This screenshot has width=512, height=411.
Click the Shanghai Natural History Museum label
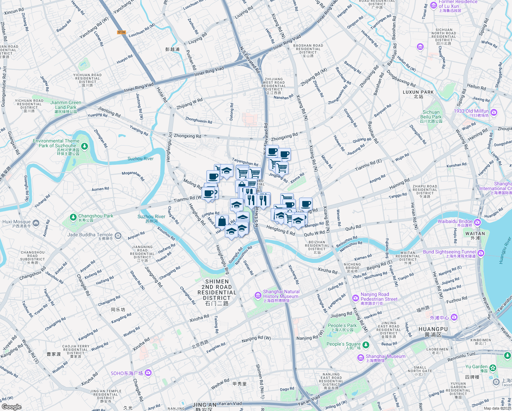[x=281, y=294]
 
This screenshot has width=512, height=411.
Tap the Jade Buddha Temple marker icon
[x=118, y=235]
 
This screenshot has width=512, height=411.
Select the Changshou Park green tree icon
[x=73, y=217]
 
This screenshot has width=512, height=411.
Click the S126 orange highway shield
[x=121, y=32]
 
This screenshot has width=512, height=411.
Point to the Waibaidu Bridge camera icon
[x=477, y=223]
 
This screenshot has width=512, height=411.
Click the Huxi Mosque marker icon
[x=36, y=223]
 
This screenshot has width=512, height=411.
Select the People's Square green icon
[x=366, y=345]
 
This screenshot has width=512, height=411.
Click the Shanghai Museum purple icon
[x=360, y=358]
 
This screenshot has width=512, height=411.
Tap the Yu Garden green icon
[x=492, y=368]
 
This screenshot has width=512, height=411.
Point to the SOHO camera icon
[x=148, y=373]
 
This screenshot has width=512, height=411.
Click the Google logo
[x=11, y=407]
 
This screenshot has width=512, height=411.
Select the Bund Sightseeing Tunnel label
[x=449, y=252]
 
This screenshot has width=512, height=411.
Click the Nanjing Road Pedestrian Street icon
[x=355, y=298]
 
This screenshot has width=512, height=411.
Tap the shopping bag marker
[x=222, y=221]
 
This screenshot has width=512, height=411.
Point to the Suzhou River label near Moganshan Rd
[x=140, y=159]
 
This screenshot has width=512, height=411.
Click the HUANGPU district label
[x=433, y=329]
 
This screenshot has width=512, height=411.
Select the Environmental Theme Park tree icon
[x=85, y=147]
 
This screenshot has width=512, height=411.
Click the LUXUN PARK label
[x=418, y=92]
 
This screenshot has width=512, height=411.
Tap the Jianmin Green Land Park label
[x=66, y=105]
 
